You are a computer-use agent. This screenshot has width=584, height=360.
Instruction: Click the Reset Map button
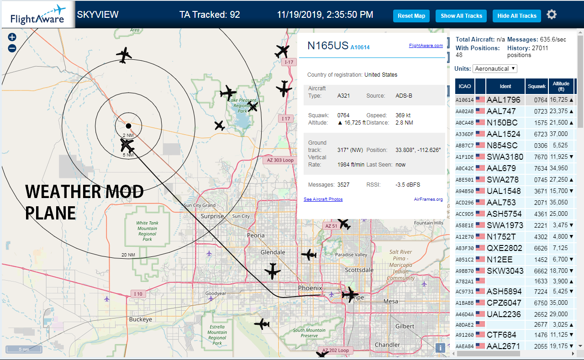coord(411,16)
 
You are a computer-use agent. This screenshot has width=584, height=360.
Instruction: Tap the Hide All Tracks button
coord(517,16)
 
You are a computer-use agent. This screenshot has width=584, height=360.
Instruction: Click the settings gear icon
coord(552,15)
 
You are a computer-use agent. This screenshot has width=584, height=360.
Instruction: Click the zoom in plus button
coord(12,37)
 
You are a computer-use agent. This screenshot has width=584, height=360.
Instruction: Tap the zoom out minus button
coord(12,48)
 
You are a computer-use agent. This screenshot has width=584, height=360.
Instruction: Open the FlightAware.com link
coord(426,46)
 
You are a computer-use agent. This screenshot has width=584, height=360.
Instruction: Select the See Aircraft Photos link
coord(323,199)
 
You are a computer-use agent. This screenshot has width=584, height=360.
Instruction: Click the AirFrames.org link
coord(428,199)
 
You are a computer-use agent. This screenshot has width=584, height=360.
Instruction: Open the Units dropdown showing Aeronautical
coord(495,69)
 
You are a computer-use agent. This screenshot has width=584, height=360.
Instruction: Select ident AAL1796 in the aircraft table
coord(504,100)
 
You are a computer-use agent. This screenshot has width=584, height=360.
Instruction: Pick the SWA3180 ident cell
coord(505,157)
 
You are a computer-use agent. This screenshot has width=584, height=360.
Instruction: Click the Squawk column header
coord(537,86)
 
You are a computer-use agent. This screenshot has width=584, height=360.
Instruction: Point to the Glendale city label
coord(273,252)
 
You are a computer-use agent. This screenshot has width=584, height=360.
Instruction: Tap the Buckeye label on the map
coord(141,319)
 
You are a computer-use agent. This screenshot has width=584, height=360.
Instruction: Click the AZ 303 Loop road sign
coord(280,160)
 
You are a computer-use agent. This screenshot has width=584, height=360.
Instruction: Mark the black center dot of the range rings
coord(128,126)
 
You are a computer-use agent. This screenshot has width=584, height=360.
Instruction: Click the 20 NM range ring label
coord(128,255)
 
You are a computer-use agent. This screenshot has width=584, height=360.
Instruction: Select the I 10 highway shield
coord(138,294)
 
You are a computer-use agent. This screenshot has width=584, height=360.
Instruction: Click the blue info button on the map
coord(440,348)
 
